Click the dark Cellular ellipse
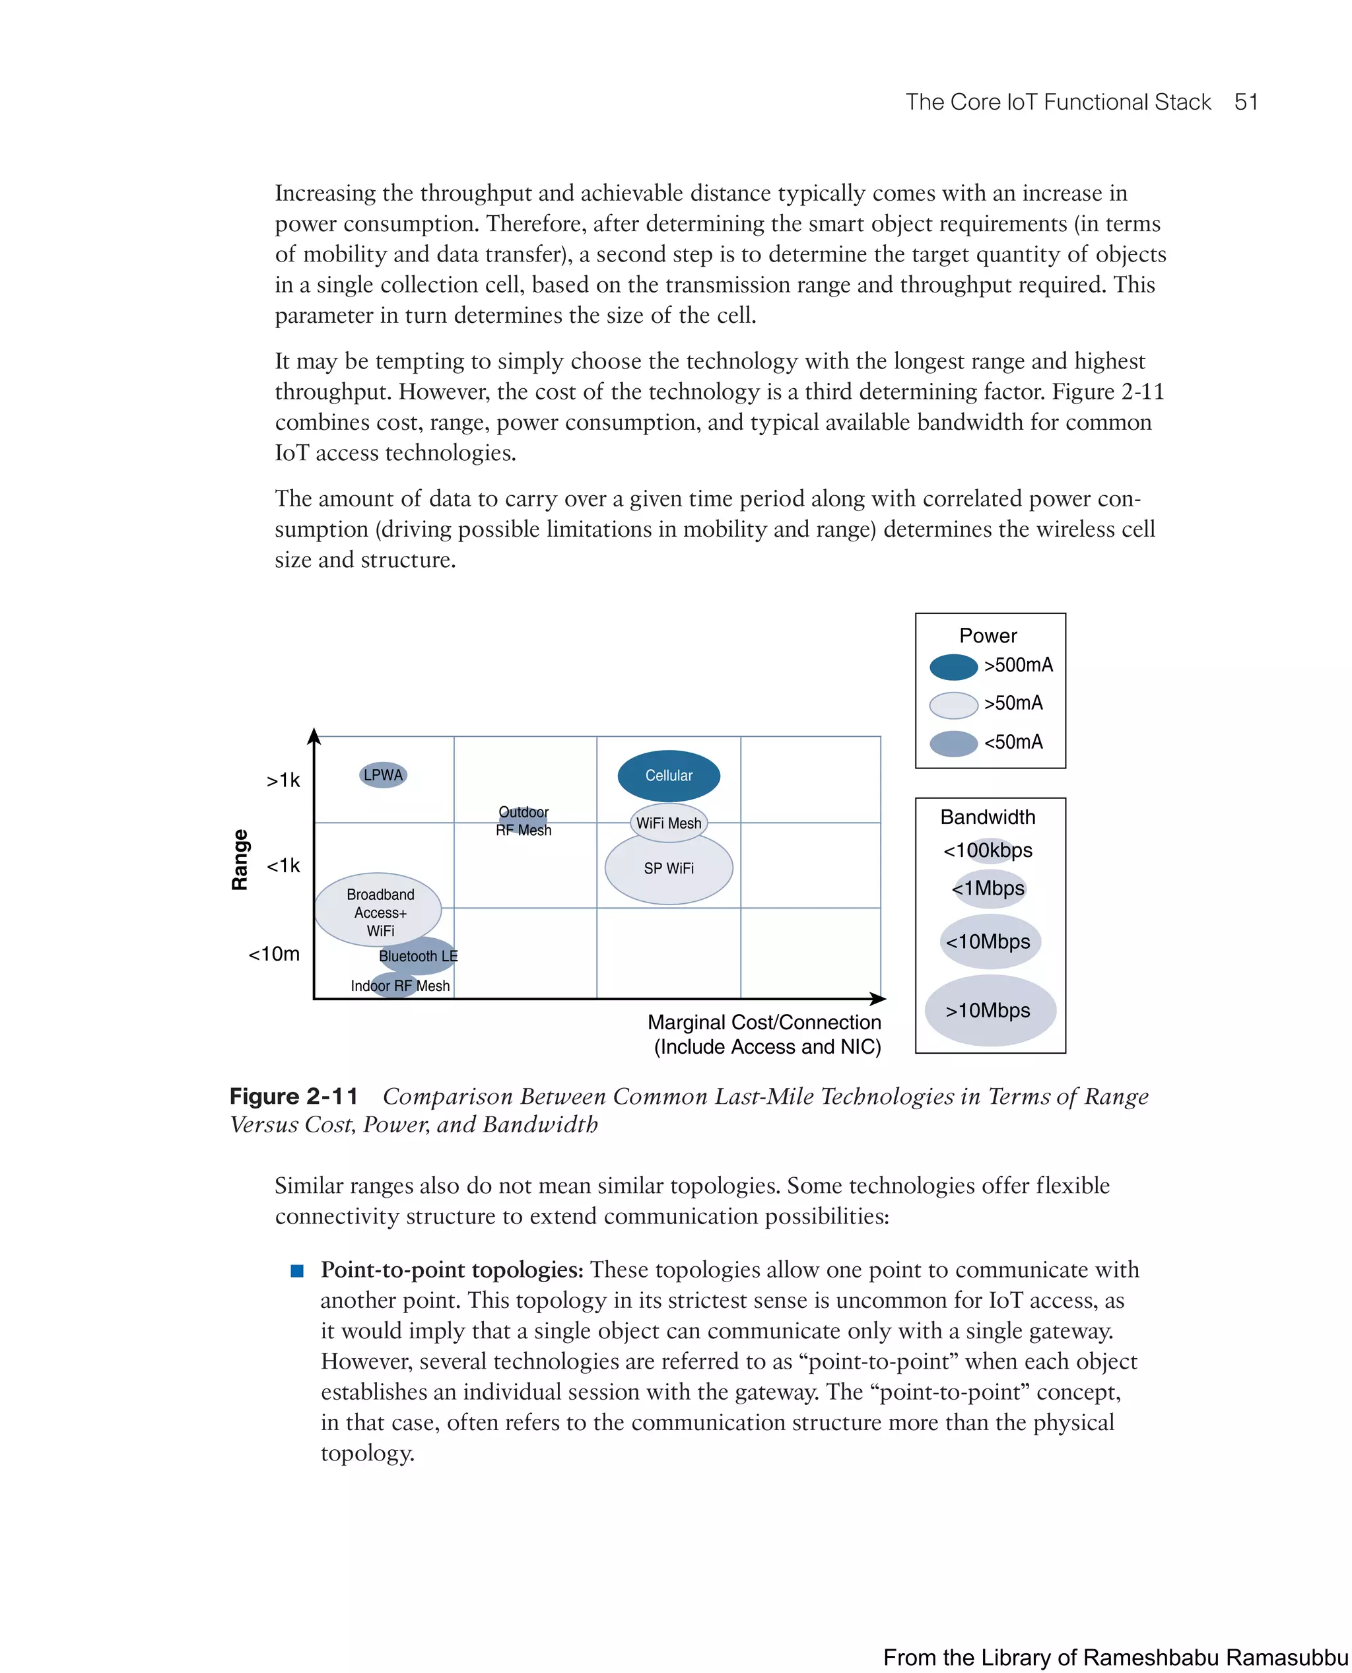point(668,776)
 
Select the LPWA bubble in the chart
point(383,775)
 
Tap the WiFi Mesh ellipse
point(668,823)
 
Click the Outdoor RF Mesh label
point(524,821)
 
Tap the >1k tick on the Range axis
point(283,780)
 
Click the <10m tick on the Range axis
point(274,953)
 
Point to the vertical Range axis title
point(240,859)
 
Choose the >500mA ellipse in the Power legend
point(953,667)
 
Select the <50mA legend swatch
point(953,743)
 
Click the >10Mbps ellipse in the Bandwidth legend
point(989,1010)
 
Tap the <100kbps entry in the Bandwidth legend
point(988,850)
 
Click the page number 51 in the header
point(1246,102)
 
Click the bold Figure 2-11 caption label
point(294,1096)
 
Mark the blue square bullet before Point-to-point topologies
point(296,1270)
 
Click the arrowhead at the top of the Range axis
point(314,735)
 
